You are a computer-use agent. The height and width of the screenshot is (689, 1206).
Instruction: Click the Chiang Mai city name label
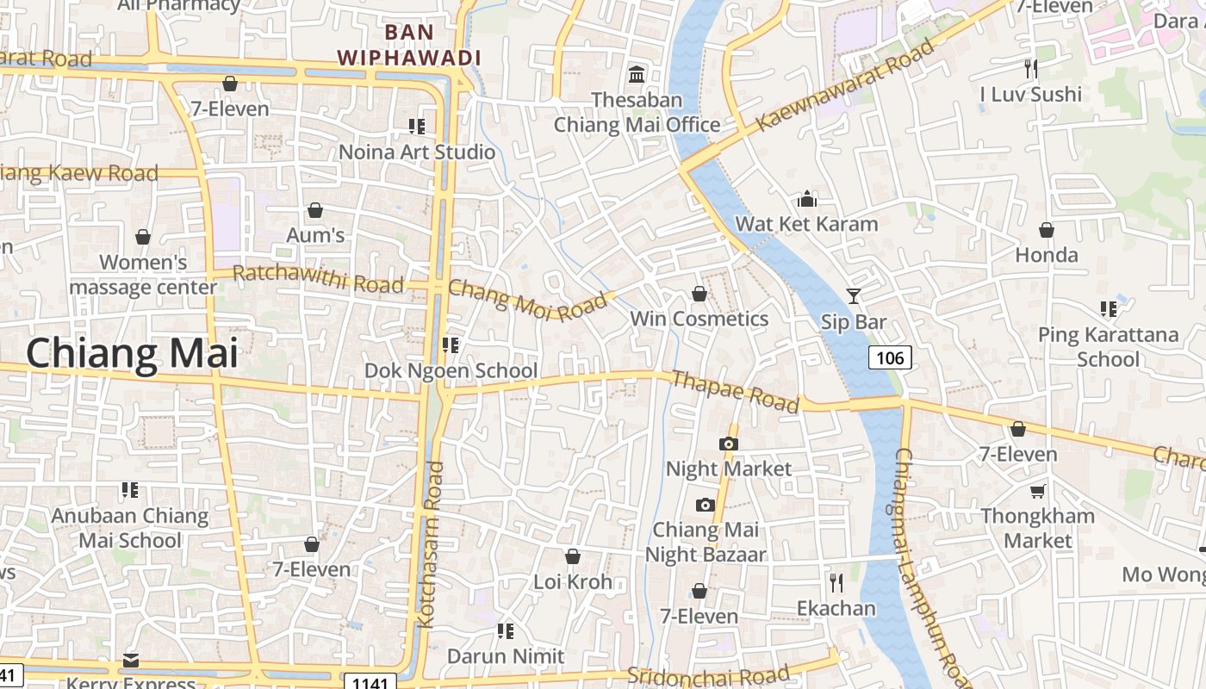point(131,353)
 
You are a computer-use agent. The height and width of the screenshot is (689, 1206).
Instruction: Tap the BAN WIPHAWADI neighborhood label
point(408,45)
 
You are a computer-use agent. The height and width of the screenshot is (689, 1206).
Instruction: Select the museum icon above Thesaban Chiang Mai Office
point(637,75)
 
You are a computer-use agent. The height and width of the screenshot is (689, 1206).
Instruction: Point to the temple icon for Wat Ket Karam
point(807,199)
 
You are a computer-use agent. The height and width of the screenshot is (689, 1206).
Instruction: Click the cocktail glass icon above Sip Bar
point(853,296)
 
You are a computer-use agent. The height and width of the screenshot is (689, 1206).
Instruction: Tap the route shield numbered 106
point(890,357)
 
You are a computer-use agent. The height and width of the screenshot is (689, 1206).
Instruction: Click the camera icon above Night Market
point(729,444)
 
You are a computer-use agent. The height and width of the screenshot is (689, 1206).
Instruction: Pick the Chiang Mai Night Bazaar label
point(706,542)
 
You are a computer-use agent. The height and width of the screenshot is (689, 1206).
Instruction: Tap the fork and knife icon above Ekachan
point(836,583)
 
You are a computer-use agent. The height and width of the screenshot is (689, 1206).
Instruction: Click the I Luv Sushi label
point(1030,94)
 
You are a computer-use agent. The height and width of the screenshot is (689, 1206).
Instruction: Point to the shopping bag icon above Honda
point(1046,230)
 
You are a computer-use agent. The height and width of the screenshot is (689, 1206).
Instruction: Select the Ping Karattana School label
point(1108,346)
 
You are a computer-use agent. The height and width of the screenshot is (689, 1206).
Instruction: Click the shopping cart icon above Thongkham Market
point(1037,491)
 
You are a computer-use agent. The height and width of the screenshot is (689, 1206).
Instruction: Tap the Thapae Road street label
point(735,392)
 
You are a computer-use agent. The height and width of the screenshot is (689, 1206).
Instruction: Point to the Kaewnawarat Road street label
point(845,86)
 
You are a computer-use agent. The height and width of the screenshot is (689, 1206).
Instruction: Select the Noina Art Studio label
point(417,152)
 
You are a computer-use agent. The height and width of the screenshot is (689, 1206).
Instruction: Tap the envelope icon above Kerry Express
point(131,661)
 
